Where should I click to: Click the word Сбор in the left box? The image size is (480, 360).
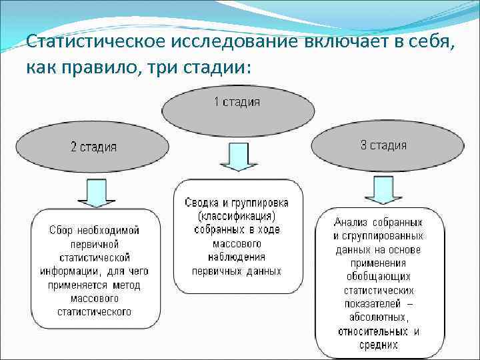pos(63,230)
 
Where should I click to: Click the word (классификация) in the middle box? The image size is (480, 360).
pos(237,217)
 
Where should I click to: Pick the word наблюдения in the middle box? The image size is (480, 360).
pos(237,257)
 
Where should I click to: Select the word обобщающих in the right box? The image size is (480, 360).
pos(378,277)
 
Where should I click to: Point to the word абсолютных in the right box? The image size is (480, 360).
pos(377,317)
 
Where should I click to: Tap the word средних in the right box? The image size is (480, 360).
pos(378,345)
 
